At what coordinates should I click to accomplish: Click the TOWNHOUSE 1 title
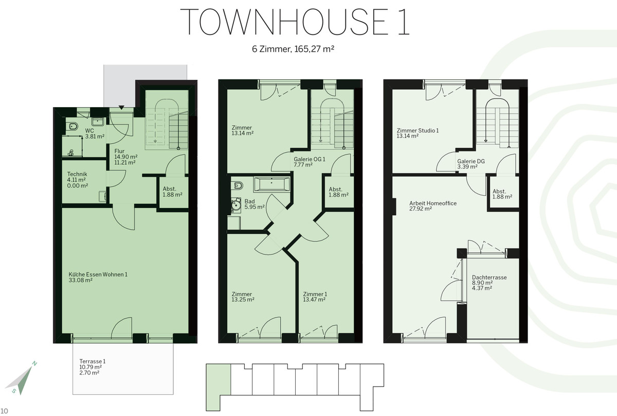point(295,22)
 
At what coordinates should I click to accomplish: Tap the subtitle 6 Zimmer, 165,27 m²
point(293,49)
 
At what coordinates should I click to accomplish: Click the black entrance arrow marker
point(121,107)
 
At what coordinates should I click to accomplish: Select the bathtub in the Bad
point(271,184)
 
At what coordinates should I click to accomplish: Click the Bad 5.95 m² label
point(255,204)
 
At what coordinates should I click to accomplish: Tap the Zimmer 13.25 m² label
point(243,297)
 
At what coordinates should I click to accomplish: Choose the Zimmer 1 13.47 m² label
point(315,297)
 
